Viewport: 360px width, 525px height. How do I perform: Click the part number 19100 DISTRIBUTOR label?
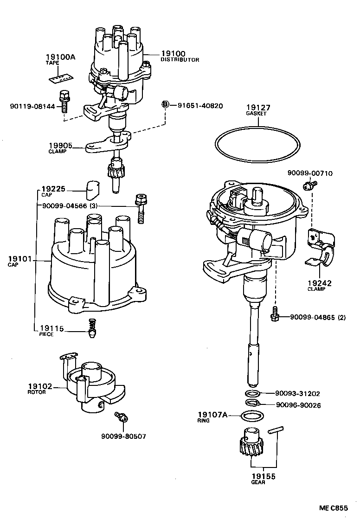[173, 54]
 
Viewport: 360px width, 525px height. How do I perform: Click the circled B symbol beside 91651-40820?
[165, 105]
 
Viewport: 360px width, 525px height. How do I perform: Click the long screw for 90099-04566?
[140, 209]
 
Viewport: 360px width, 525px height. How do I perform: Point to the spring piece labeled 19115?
[93, 328]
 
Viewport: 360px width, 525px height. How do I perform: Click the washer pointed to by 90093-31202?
[252, 393]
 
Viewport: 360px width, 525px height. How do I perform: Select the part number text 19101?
[19, 258]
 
